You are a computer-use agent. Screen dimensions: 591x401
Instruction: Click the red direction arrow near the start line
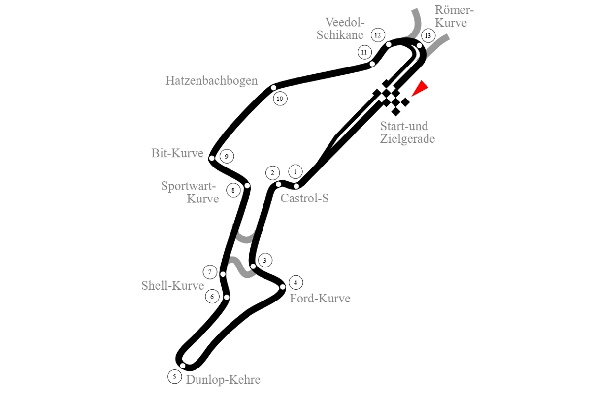coord(421,88)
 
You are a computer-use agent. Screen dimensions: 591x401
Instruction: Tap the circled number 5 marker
coord(175,377)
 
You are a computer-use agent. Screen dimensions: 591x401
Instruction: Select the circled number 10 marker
coord(280,99)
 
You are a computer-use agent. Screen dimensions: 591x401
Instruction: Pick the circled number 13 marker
coord(428,35)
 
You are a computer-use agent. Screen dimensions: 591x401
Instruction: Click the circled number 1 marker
coord(295,172)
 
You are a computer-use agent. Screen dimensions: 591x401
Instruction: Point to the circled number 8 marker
coord(233,190)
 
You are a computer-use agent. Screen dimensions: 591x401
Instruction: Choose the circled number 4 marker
coord(296,283)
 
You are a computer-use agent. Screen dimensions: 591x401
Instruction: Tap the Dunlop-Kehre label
coord(223,380)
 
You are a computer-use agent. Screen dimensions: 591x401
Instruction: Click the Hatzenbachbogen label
coord(212,80)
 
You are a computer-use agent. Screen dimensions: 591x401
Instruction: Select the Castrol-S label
coord(304,198)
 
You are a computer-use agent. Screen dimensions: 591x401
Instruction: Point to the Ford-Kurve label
coord(320,299)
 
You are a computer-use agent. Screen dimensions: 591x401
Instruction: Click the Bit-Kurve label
coord(177,153)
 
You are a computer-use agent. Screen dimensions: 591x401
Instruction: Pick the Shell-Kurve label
coord(173,285)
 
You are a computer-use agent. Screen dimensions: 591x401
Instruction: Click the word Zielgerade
coord(407,139)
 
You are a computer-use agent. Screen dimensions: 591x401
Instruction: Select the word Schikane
coord(340,35)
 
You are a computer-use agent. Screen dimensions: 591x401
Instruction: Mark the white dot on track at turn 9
coord(212,158)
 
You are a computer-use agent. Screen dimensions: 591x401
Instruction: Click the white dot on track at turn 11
coord(372,64)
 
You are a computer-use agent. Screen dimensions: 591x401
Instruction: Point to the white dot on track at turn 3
coord(253,267)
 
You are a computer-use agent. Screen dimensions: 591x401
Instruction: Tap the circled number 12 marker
coord(378,35)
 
